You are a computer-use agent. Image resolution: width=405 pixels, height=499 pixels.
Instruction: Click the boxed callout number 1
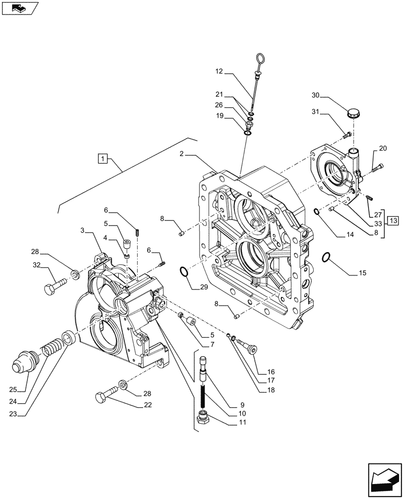pos(102,159)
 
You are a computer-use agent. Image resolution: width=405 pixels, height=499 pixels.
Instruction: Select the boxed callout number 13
pos(393,221)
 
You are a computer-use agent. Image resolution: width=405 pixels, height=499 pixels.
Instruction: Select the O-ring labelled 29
pos(184,272)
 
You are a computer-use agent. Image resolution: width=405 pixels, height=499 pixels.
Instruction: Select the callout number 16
pos(271,372)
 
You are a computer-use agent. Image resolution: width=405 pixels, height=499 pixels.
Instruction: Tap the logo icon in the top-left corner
pos(19,8)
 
